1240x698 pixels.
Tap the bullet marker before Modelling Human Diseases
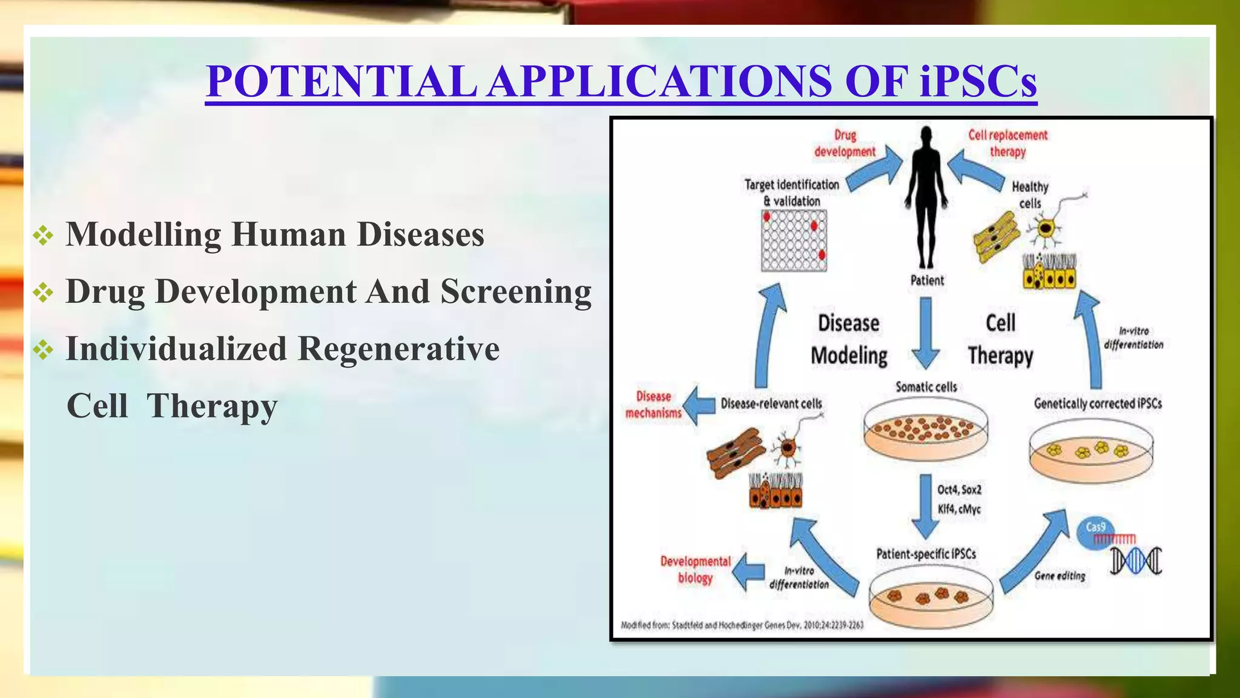[x=44, y=235]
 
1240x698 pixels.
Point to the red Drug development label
[x=845, y=144]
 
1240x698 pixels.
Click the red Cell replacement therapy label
[x=1007, y=144]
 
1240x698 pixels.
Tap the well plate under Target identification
[x=794, y=241]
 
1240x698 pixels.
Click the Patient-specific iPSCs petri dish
[x=931, y=597]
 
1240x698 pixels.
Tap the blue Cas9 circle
[x=1095, y=531]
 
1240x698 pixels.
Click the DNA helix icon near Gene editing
[x=1136, y=560]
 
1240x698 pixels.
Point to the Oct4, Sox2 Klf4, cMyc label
[x=959, y=499]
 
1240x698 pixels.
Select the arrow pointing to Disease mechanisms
[x=699, y=405]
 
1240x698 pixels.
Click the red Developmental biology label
[x=695, y=570]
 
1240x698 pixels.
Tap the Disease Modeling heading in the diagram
[x=849, y=339]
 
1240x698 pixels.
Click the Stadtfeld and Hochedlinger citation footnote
[x=742, y=625]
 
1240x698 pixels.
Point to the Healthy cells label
[x=1029, y=194]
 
